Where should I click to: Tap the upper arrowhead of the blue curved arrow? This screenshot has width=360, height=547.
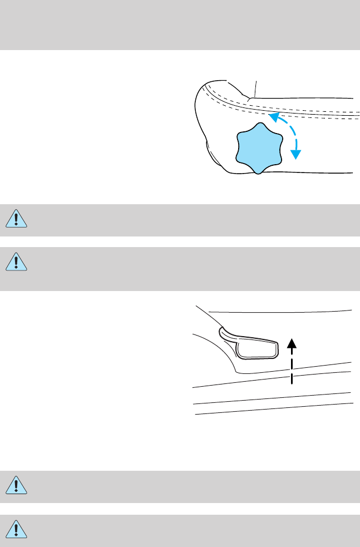point(273,116)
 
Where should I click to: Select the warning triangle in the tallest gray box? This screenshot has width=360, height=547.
point(18,262)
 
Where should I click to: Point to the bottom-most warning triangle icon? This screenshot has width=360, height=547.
point(18,529)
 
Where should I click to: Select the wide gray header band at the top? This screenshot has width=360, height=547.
point(180,25)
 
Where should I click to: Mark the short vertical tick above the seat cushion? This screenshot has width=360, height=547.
point(255,87)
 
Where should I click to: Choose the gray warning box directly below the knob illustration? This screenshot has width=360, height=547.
point(180,220)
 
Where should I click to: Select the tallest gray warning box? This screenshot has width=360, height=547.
point(180,269)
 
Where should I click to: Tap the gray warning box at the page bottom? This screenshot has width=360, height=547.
point(180,529)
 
